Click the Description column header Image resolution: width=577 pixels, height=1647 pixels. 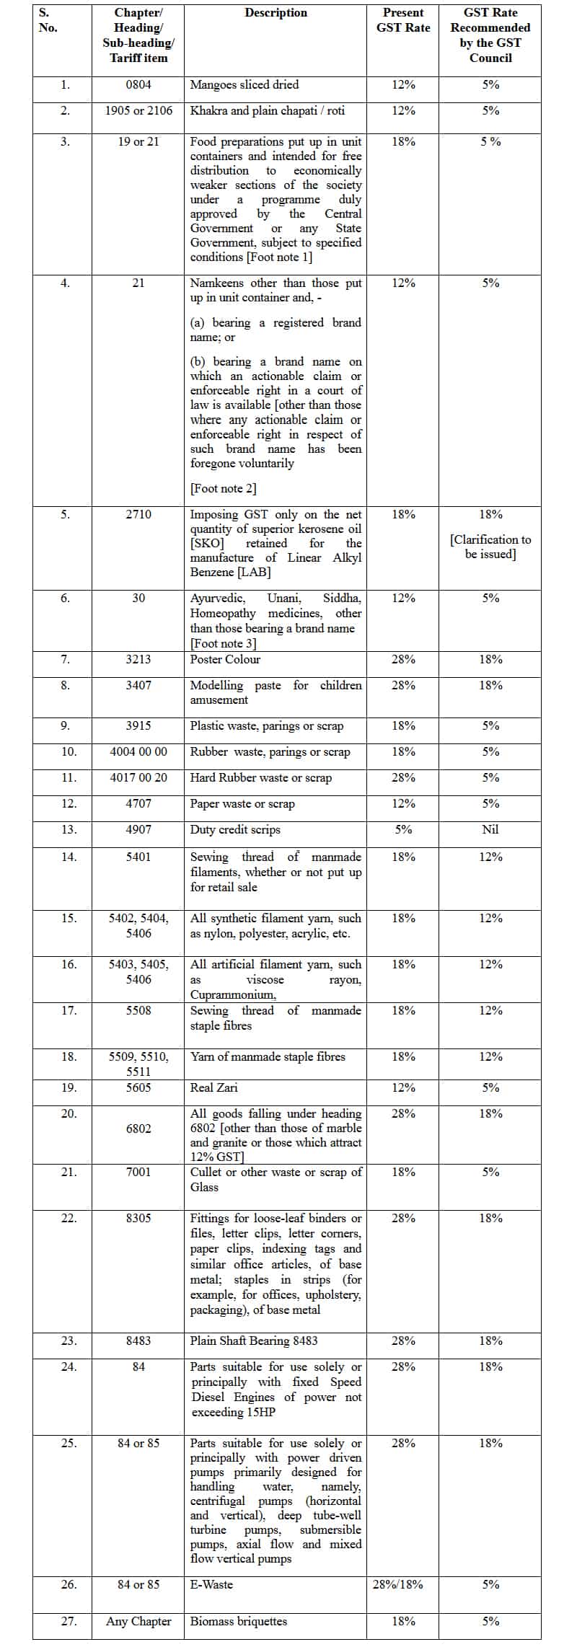pos(276,13)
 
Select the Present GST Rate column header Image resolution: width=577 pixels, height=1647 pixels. pos(402,20)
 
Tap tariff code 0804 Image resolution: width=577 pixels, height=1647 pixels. pos(138,85)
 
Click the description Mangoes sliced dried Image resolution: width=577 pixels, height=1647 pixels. pos(244,85)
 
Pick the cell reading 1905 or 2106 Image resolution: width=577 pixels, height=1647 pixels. pos(138,111)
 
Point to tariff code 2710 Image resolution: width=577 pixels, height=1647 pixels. pos(138,515)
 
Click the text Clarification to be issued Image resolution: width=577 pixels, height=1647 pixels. pos(490,547)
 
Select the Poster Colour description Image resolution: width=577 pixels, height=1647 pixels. pos(225,660)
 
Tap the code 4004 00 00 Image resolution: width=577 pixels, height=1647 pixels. pos(138,752)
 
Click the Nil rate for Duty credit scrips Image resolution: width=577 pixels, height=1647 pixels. pos(490,830)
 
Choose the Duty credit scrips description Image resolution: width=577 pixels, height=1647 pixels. pos(235,830)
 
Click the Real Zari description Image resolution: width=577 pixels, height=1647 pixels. pos(213,1088)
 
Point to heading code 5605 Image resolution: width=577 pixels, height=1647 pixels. pos(138,1088)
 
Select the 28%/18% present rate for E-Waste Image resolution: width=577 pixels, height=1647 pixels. pos(398,1585)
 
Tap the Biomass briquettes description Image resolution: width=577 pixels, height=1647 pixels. pos(238,1622)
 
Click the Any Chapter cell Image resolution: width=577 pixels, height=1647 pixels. pos(138,1622)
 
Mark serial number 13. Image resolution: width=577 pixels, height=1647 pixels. pos(69,830)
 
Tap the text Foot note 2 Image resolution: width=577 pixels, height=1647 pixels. pos(223,489)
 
